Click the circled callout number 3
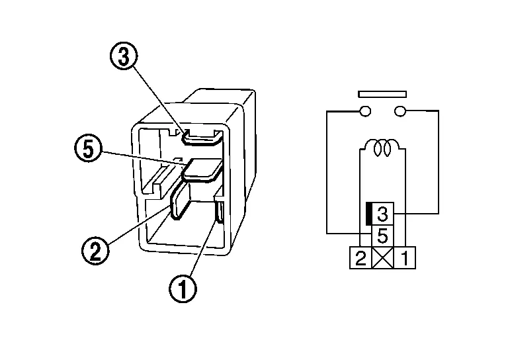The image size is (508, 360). click(124, 56)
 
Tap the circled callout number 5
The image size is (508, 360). click(89, 148)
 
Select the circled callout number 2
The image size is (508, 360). click(95, 250)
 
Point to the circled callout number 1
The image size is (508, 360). click(183, 289)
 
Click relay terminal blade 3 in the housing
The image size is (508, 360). click(202, 138)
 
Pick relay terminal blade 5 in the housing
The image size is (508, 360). click(202, 169)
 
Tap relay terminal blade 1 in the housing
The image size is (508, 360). click(220, 212)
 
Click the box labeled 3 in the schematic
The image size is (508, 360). click(382, 214)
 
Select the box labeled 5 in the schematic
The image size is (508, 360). click(382, 236)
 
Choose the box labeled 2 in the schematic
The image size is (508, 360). click(360, 258)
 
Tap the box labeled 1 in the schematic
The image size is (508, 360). click(405, 258)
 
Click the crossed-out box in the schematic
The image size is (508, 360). click(382, 258)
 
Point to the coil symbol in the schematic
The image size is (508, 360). click(382, 148)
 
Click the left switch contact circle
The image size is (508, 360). click(365, 111)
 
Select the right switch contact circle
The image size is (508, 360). click(400, 111)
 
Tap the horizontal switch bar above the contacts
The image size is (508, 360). click(382, 94)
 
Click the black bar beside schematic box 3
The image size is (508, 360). click(368, 214)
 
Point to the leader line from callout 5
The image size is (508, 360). click(144, 158)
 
